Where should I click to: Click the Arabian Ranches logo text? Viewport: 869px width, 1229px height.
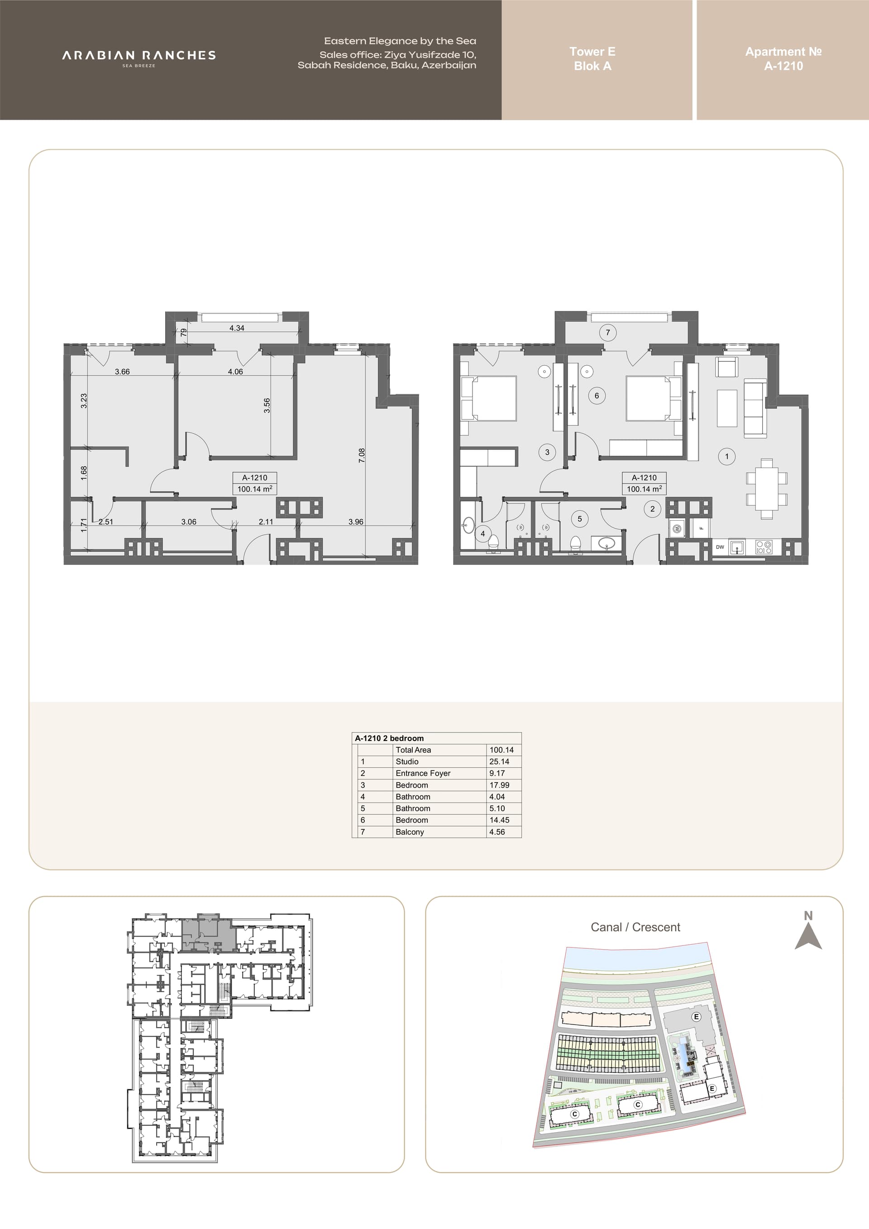(x=138, y=55)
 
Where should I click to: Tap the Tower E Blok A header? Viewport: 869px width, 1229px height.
(x=592, y=59)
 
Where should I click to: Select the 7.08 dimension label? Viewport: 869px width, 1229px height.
(x=362, y=455)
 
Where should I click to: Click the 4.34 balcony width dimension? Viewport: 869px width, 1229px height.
(x=237, y=328)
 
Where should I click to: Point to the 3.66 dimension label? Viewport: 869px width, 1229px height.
(x=122, y=372)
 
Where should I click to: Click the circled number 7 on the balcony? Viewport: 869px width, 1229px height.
(x=608, y=332)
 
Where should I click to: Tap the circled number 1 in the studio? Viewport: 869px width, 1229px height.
(x=727, y=457)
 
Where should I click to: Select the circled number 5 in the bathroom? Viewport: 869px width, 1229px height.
(x=579, y=519)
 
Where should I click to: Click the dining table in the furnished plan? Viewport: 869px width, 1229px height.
(x=767, y=489)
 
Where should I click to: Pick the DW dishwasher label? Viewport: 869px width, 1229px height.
(x=720, y=547)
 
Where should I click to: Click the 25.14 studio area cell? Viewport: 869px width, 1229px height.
(x=499, y=762)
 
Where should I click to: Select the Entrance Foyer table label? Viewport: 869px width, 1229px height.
(x=423, y=774)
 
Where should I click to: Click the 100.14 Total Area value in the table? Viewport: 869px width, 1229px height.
(x=501, y=750)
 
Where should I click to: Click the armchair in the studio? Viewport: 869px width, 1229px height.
(x=727, y=368)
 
